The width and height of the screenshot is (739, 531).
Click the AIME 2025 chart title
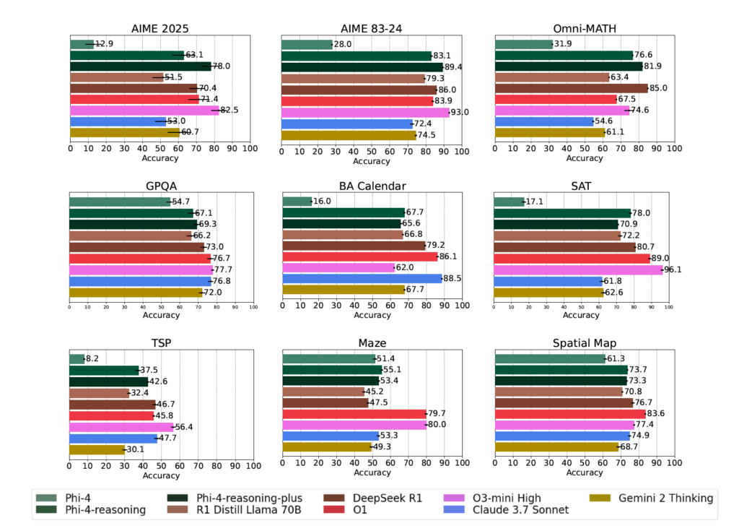point(160,30)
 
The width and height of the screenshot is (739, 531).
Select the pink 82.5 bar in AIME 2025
point(144,111)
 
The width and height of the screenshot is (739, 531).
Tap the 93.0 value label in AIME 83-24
point(459,112)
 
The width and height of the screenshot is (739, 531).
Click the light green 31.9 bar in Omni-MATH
point(523,44)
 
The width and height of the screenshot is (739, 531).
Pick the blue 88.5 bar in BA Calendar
point(362,278)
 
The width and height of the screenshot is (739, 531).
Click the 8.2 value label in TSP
point(93,358)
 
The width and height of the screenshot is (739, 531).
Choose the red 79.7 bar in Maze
point(354,414)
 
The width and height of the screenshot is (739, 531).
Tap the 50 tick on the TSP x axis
point(161,466)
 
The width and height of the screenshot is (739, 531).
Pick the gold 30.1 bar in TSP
point(96,449)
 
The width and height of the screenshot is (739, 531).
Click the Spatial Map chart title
point(585,342)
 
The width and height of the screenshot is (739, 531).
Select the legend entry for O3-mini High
point(517,498)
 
